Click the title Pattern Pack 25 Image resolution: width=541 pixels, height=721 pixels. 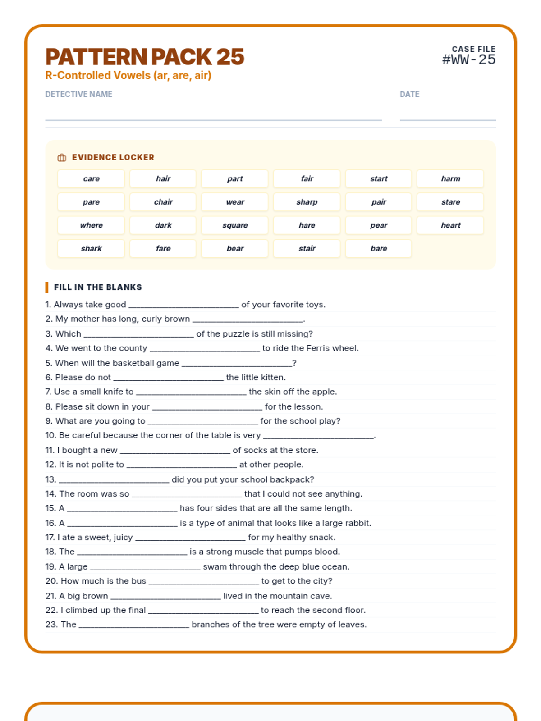(x=144, y=57)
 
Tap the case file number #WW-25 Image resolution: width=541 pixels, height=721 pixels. (x=468, y=59)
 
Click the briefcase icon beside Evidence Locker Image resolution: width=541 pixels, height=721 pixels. (x=62, y=157)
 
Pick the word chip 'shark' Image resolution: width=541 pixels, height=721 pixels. (x=91, y=248)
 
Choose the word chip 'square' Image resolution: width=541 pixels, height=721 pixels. (x=235, y=225)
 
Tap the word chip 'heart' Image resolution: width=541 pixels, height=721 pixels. (x=450, y=225)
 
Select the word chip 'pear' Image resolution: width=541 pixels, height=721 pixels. (x=379, y=225)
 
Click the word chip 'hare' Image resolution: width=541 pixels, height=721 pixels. (x=307, y=225)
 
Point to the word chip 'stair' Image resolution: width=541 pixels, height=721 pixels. (x=307, y=248)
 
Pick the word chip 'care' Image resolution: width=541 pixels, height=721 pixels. (x=91, y=179)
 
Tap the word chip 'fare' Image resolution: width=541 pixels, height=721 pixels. (x=163, y=248)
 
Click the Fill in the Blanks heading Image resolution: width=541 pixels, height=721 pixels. (x=98, y=287)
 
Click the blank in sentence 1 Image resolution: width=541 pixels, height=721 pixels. (x=183, y=305)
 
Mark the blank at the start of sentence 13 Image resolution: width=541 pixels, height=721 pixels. (x=114, y=480)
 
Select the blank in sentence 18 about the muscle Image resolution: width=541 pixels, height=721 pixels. (x=132, y=552)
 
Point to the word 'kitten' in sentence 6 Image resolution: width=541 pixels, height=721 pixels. (x=272, y=377)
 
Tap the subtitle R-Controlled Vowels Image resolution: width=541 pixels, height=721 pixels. (x=128, y=75)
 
